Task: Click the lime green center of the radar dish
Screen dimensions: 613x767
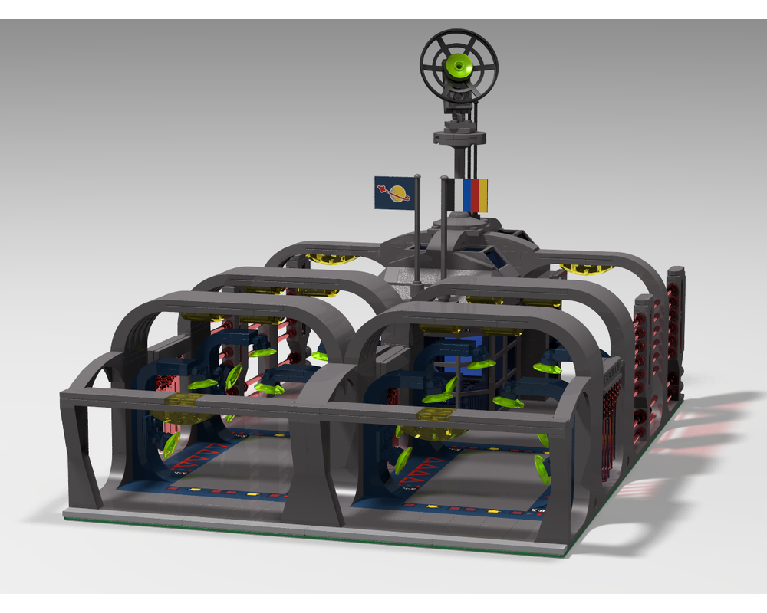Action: [x=459, y=67]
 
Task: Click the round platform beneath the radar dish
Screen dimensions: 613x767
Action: [x=459, y=137]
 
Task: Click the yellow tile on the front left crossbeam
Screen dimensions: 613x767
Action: [x=185, y=403]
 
